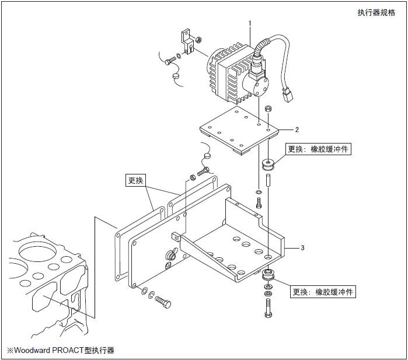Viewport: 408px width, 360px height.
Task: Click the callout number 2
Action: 297,130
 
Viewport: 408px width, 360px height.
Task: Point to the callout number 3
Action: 302,248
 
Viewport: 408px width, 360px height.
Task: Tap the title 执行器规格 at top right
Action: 376,13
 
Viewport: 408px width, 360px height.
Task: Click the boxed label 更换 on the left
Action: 135,180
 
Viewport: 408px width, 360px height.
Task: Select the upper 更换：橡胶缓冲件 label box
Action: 319,149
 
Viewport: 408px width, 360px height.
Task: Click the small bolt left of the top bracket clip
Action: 170,60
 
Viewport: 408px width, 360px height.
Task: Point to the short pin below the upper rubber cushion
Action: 268,179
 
